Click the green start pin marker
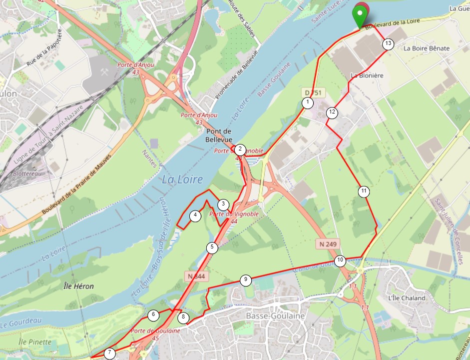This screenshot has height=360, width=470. point(359,15)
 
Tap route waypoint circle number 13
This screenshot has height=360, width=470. point(389,44)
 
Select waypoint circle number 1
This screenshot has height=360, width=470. point(308,103)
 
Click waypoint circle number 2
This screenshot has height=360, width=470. point(240,148)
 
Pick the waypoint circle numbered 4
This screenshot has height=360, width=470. point(195,216)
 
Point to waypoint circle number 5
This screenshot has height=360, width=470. point(212,247)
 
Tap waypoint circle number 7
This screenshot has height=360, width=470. point(109,353)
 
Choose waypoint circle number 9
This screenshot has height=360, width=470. point(245,280)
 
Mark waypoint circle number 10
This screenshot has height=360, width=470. point(340,260)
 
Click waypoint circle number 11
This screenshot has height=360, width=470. point(364,191)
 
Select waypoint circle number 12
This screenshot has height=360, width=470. point(332,112)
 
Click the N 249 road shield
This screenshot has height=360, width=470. point(327,244)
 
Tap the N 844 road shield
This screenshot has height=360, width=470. point(197,276)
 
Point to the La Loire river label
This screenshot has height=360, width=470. point(182,179)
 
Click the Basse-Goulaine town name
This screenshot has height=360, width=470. point(275,316)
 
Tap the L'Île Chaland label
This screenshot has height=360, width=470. point(407,298)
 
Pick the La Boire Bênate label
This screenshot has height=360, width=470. point(427,48)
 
